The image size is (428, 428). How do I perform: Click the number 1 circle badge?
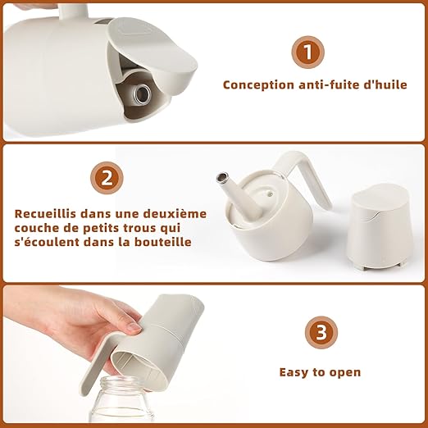pyautogui.click(x=308, y=52)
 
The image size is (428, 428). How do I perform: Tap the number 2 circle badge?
pyautogui.click(x=107, y=178)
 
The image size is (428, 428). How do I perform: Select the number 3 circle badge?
pyautogui.click(x=321, y=332)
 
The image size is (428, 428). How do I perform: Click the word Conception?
pyautogui.click(x=258, y=85)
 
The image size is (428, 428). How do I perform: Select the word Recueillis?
pyautogui.click(x=45, y=213)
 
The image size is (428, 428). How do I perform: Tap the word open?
pyautogui.click(x=345, y=373)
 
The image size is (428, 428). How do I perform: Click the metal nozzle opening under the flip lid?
pyautogui.click(x=142, y=93)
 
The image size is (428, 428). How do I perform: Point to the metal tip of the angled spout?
pyautogui.click(x=222, y=177)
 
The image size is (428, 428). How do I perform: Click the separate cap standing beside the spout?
pyautogui.click(x=381, y=228)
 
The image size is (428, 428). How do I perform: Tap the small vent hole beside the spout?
pyautogui.click(x=270, y=194)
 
